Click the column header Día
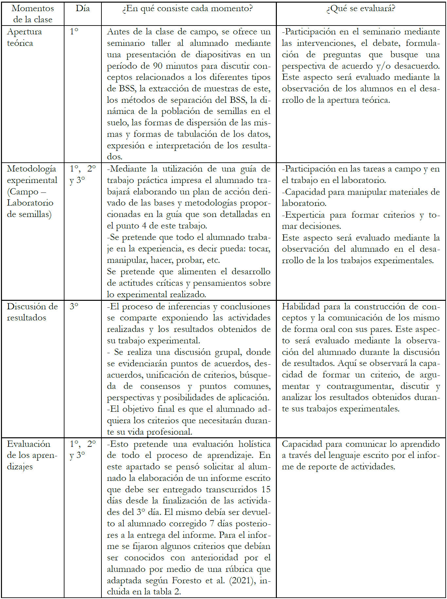tap(82, 9)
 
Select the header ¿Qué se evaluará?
tap(361, 9)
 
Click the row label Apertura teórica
tap(24, 37)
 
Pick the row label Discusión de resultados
tap(32, 312)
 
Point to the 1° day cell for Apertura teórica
tap(74, 31)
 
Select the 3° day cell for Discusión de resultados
tap(74, 306)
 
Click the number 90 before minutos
tap(158, 66)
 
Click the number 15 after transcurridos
tap(266, 489)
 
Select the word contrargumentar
tap(360, 386)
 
